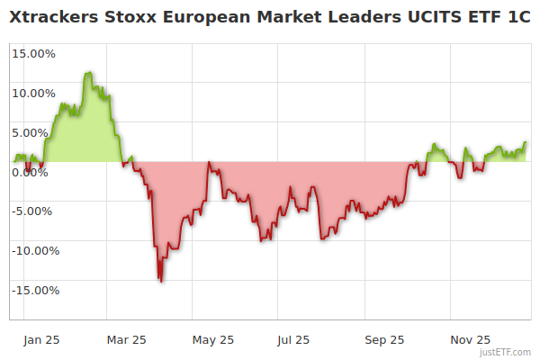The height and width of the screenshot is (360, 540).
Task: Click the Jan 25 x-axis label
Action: click(x=42, y=340)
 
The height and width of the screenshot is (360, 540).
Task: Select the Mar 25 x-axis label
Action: click(x=126, y=340)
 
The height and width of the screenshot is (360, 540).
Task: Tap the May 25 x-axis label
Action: click(x=213, y=340)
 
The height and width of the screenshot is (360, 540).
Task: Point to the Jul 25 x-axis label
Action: click(x=293, y=340)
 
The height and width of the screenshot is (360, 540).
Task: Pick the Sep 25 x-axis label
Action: click(x=385, y=340)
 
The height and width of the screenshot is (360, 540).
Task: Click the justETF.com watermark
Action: click(x=508, y=353)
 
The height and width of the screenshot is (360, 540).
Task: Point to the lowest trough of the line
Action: click(x=161, y=282)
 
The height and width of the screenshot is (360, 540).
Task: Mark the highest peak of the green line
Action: click(x=88, y=73)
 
